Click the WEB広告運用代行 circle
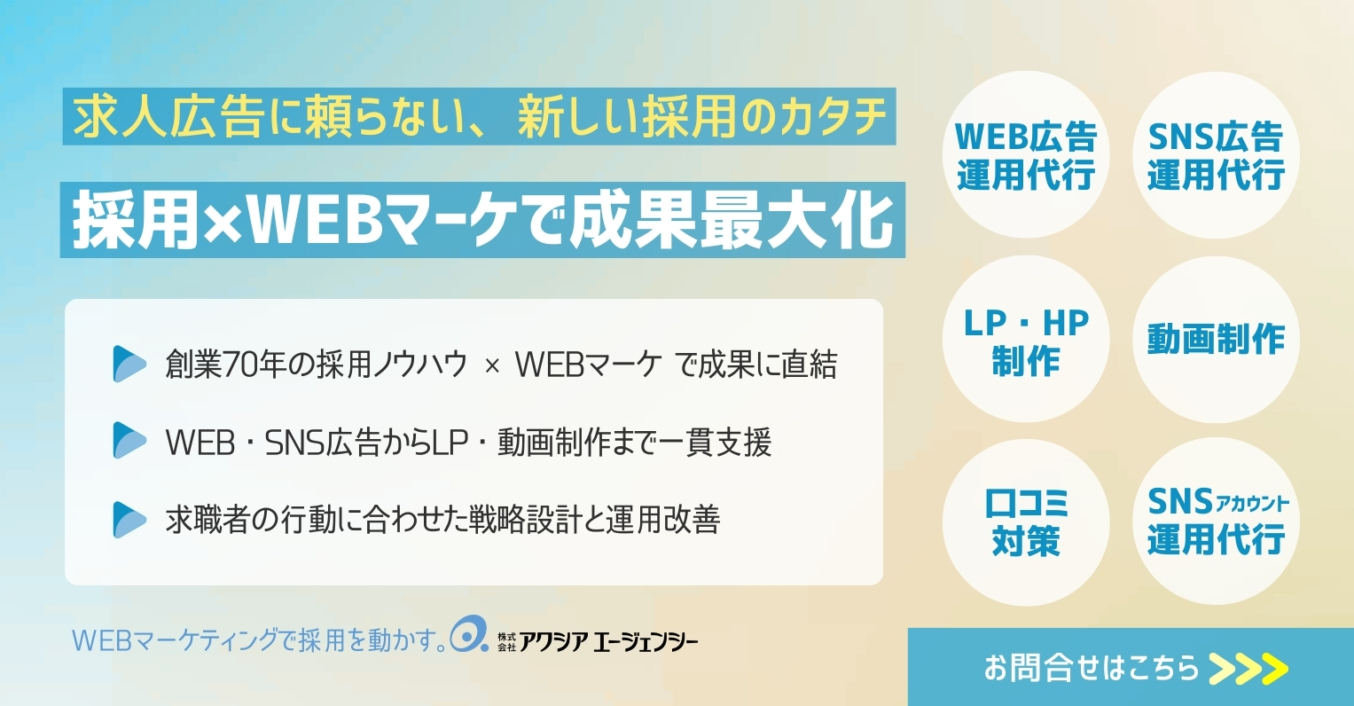[1025, 155]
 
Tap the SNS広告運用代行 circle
[1216, 155]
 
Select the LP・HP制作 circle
[1025, 341]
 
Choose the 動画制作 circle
[1216, 339]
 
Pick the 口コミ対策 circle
[1025, 522]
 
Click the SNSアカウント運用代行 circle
[1216, 522]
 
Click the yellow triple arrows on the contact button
[1248, 668]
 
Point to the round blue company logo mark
[468, 635]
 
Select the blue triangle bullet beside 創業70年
[129, 365]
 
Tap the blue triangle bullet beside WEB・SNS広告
[129, 442]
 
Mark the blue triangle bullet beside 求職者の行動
[129, 520]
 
